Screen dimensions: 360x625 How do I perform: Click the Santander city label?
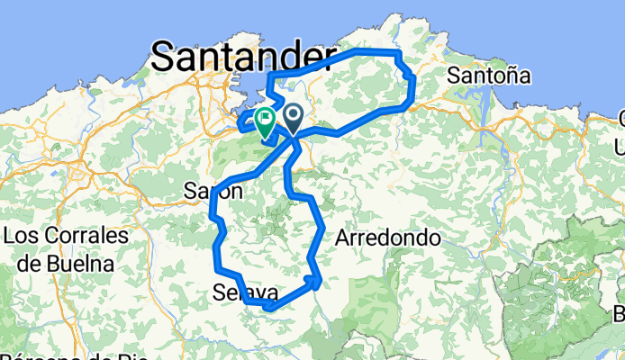[x=241, y=57]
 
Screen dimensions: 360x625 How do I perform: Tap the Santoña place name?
[x=489, y=74]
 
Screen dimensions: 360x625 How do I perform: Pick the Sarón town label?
[x=213, y=191]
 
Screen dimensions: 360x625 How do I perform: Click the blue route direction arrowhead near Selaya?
[x=312, y=282]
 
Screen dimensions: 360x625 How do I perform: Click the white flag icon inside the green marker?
[x=267, y=117]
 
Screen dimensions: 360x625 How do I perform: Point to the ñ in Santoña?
[x=512, y=74]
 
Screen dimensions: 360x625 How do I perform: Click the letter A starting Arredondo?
[x=342, y=238]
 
